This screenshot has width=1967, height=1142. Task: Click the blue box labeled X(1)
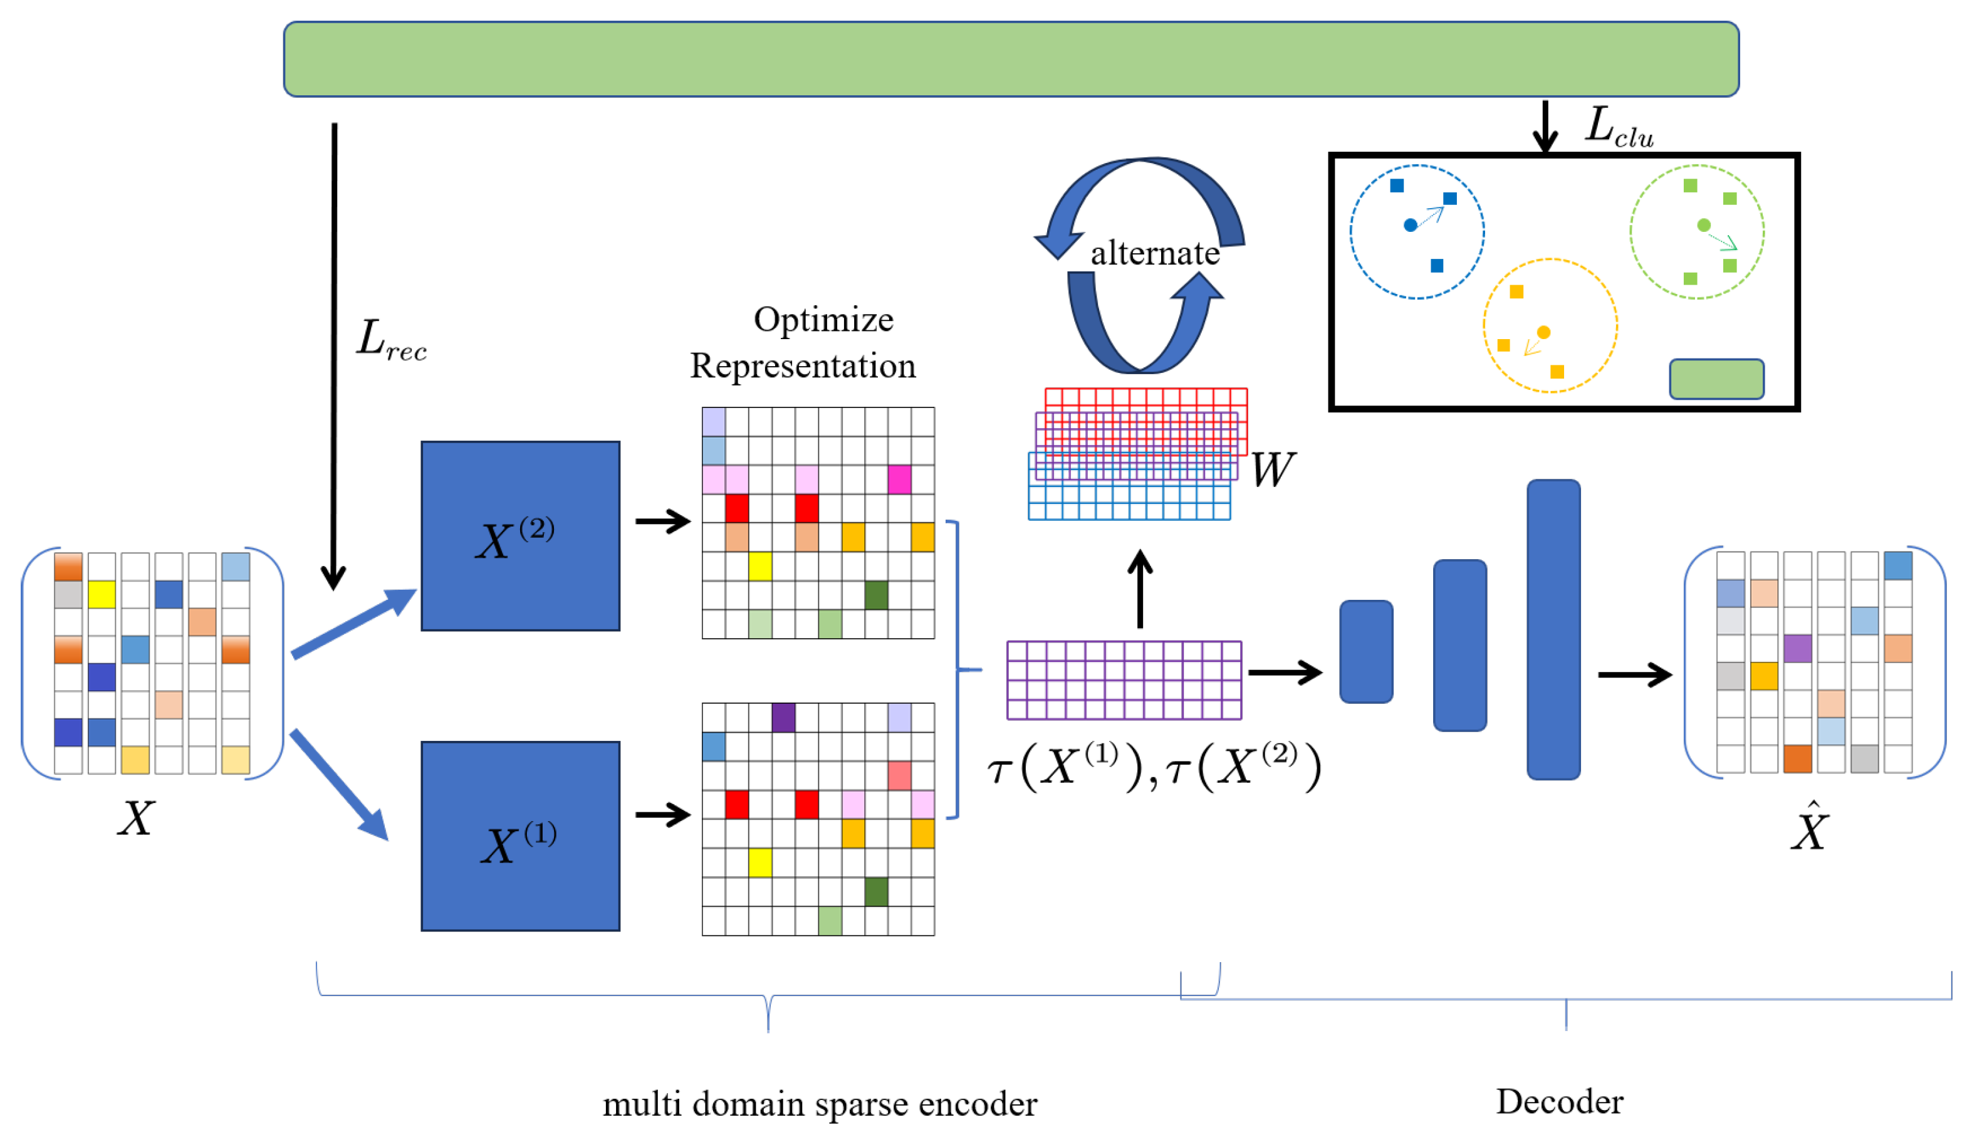pos(520,836)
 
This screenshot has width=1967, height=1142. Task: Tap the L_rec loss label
pos(392,340)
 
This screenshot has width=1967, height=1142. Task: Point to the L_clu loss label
pos(1619,127)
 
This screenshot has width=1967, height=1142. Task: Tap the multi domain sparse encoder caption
pos(820,1104)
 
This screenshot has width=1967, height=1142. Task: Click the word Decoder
pos(1560,1101)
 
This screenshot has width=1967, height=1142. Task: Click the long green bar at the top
pos(1011,60)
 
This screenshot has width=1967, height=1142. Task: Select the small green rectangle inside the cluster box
pos(1716,379)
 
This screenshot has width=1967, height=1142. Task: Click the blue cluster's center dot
pos(1411,226)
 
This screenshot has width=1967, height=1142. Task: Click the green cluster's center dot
pos(1704,225)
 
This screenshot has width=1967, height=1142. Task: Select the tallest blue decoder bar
pos(1553,629)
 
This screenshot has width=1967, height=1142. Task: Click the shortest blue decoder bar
pos(1366,651)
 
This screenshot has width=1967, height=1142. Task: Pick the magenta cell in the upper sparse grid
pos(899,479)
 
